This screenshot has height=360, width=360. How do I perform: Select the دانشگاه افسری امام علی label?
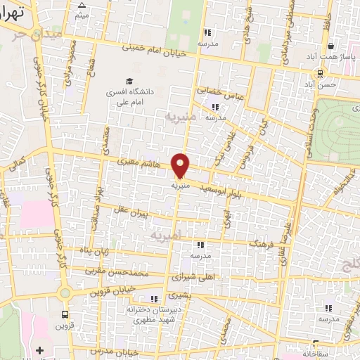click(x=143, y=96)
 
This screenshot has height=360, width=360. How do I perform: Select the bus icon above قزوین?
click(x=65, y=315)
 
